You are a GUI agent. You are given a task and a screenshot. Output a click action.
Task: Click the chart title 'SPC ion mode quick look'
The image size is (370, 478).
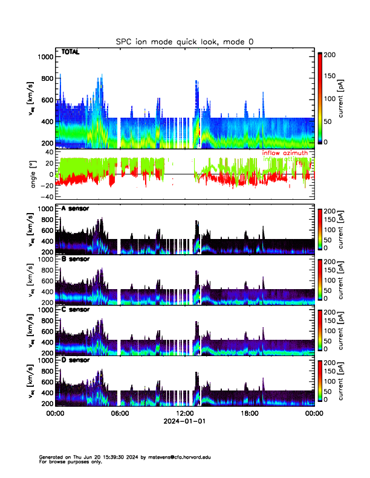pyautogui.click(x=184, y=42)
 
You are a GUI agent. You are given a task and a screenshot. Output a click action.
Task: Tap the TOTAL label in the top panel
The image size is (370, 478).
pyautogui.click(x=71, y=53)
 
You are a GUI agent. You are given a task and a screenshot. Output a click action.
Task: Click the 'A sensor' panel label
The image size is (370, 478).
pyautogui.click(x=75, y=208)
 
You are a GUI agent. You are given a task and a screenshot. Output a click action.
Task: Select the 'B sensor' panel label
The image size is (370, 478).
pyautogui.click(x=75, y=259)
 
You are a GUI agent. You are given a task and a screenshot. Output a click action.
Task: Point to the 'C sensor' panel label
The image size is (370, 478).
pyautogui.click(x=75, y=310)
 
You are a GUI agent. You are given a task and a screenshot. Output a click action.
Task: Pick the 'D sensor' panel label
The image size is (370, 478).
pyautogui.click(x=75, y=360)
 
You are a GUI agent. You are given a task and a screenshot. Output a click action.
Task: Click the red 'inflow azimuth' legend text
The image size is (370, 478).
pyautogui.click(x=285, y=153)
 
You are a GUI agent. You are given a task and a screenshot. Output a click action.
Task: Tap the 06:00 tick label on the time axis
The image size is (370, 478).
pyautogui.click(x=120, y=413)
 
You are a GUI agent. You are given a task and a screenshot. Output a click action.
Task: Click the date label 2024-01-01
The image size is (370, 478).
pyautogui.click(x=184, y=421)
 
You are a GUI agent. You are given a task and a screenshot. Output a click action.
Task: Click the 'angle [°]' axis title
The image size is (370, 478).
pyautogui.click(x=34, y=174)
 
